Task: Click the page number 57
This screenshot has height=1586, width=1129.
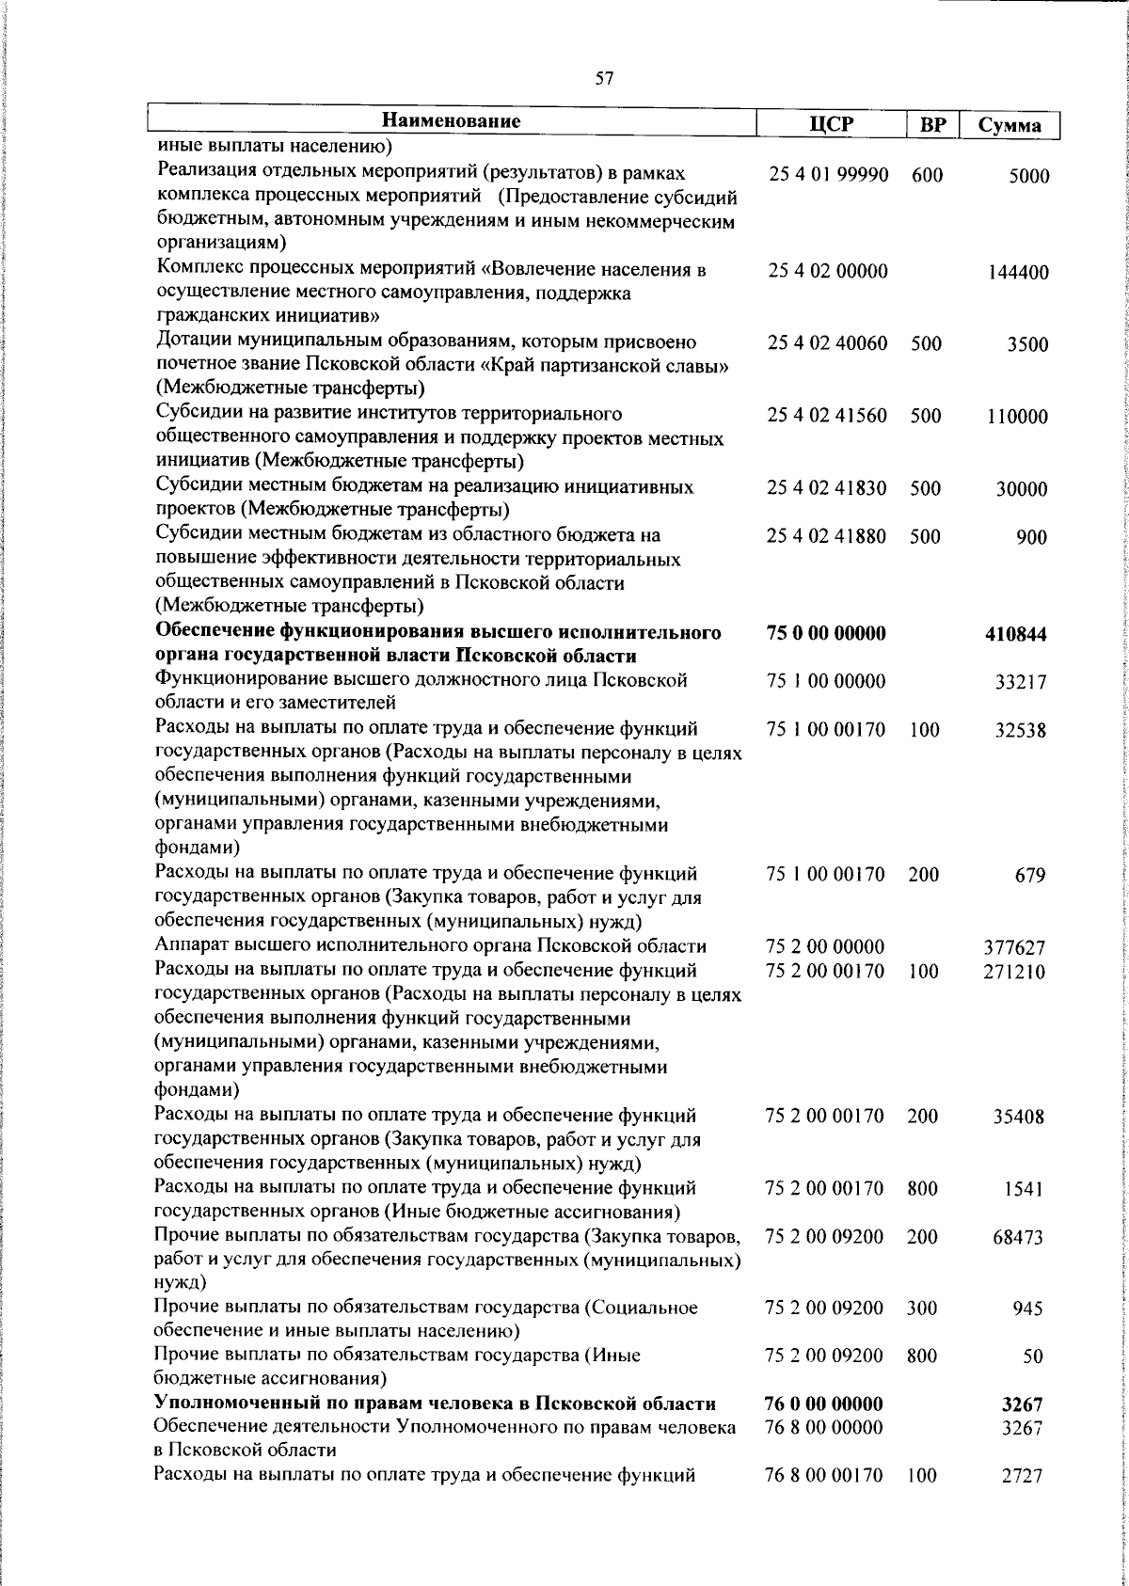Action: pyautogui.click(x=605, y=80)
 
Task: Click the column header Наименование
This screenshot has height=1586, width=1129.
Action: pyautogui.click(x=452, y=121)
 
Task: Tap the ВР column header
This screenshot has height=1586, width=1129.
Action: pyautogui.click(x=932, y=125)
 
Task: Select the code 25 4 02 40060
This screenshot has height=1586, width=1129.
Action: pyautogui.click(x=827, y=343)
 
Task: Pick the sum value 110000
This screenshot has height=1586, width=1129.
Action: pyautogui.click(x=1018, y=418)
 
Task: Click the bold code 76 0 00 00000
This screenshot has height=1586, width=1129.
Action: pyautogui.click(x=825, y=1404)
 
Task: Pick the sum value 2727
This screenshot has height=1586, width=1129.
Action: pyautogui.click(x=1023, y=1477)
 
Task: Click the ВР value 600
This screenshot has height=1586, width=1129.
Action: pyautogui.click(x=927, y=175)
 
